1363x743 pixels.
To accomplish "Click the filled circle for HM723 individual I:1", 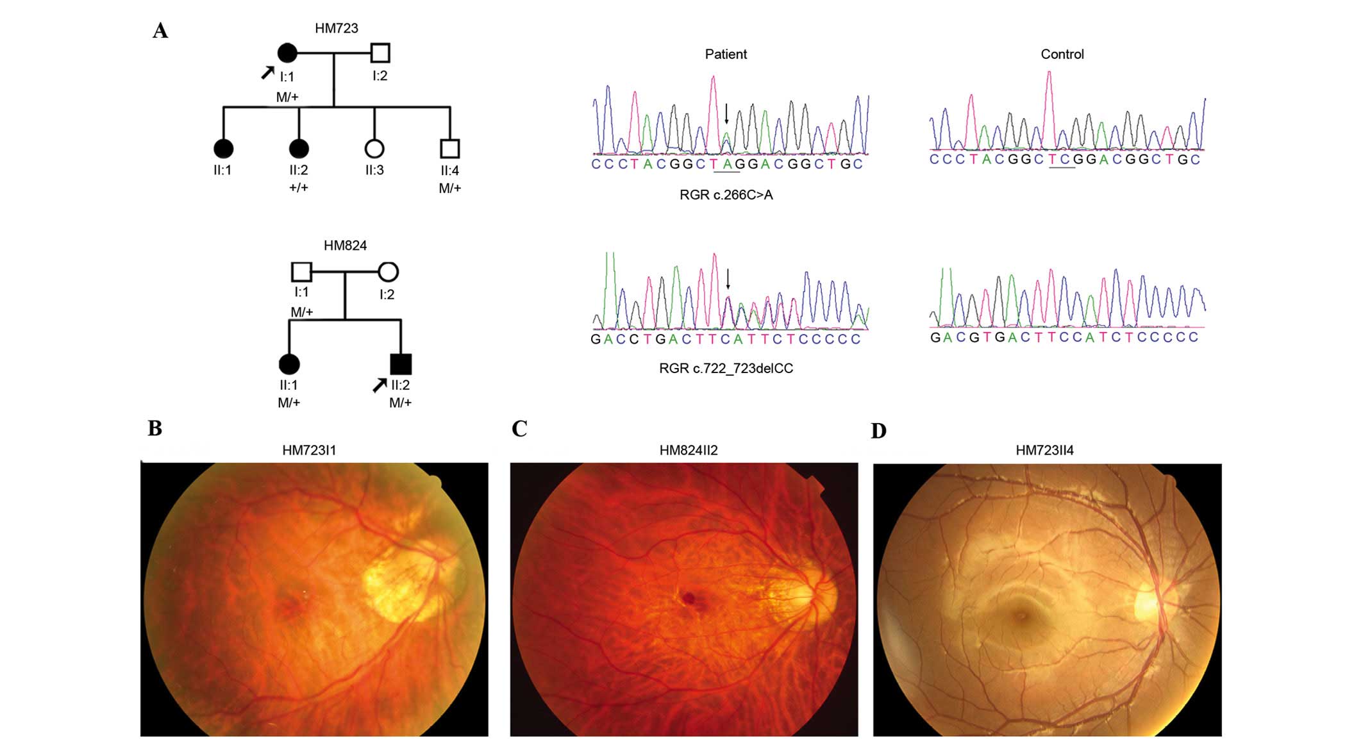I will pos(287,53).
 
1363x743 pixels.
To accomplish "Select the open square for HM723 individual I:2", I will pos(380,53).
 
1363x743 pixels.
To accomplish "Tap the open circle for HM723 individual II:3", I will pos(374,149).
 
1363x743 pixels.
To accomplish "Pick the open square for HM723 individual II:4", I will pos(450,149).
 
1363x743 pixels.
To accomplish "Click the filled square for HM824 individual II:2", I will pos(401,364).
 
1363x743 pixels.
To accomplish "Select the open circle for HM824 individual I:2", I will pos(388,272).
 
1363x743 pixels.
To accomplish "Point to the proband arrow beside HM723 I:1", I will pos(267,73).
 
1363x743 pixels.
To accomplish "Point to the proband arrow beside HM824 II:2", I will pos(380,385).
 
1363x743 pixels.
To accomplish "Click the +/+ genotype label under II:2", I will pos(299,187).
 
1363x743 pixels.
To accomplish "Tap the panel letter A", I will pos(160,31).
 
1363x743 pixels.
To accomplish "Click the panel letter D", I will pos(878,431).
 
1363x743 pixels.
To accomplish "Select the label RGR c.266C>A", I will pos(726,195).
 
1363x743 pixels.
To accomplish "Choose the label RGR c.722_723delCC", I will pos(726,369).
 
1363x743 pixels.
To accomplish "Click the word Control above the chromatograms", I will pos(1062,54).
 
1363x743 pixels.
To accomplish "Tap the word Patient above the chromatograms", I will pos(726,54).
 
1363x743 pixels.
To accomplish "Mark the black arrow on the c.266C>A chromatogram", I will pos(726,114).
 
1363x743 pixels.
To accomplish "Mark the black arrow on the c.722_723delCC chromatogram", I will pos(728,279).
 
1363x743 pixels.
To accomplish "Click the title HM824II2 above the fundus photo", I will pos(689,450).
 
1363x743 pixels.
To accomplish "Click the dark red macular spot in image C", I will pos(689,598).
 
